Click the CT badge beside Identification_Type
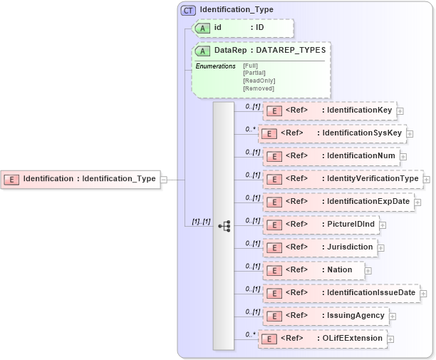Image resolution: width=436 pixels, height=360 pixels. click(189, 10)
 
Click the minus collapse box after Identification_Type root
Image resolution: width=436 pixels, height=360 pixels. click(164, 179)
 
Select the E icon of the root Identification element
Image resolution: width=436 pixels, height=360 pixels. click(12, 179)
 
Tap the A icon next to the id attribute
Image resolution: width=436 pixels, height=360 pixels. click(203, 27)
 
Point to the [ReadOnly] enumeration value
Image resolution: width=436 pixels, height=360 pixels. click(259, 81)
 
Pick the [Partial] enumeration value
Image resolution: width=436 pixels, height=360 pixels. click(255, 73)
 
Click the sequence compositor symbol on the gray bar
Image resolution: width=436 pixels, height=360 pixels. click(224, 225)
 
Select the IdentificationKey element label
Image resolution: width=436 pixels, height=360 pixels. click(360, 110)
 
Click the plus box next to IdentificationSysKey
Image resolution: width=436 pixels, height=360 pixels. click(410, 133)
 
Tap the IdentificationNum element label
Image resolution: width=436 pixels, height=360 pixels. click(361, 156)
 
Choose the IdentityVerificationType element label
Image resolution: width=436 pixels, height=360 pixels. click(373, 179)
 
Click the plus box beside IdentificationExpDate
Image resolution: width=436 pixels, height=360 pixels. click(417, 202)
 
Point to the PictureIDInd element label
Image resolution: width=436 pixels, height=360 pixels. click(351, 225)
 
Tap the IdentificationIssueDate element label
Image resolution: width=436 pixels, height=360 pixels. click(370, 293)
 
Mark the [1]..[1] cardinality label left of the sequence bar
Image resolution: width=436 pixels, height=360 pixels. click(202, 222)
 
